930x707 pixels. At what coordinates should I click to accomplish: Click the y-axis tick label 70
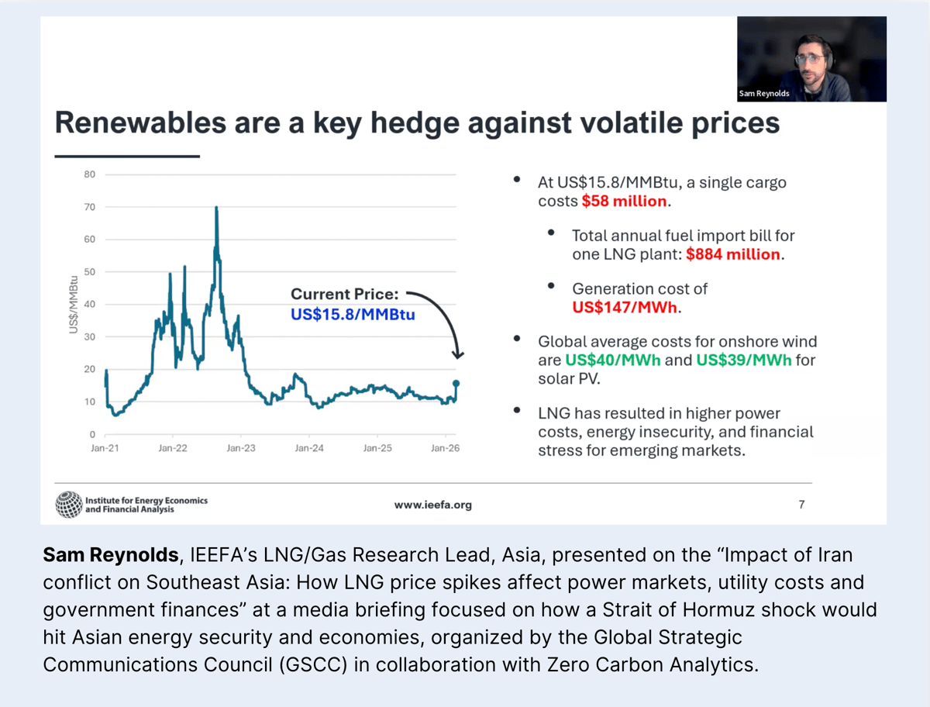(90, 207)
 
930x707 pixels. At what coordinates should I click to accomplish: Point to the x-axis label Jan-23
(241, 448)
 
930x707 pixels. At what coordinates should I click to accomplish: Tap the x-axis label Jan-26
(444, 448)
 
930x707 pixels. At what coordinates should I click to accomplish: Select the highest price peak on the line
(216, 209)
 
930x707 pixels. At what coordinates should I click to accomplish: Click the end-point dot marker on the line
(456, 383)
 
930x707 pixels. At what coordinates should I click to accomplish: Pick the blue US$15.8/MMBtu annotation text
(353, 316)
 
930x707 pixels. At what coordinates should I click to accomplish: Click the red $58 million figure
(624, 201)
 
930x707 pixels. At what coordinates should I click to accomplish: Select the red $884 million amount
(733, 254)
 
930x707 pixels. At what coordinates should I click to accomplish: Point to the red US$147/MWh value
(625, 307)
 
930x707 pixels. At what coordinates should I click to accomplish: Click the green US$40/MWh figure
(613, 360)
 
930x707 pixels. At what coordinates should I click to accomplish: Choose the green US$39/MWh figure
(744, 360)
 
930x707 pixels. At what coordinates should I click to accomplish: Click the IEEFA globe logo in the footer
(68, 505)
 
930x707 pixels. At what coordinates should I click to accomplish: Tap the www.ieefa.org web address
(432, 505)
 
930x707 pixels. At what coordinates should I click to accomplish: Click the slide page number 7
(801, 505)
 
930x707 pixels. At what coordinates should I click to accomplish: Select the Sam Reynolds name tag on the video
(763, 94)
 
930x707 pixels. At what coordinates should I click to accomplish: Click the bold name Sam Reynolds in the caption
(110, 555)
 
